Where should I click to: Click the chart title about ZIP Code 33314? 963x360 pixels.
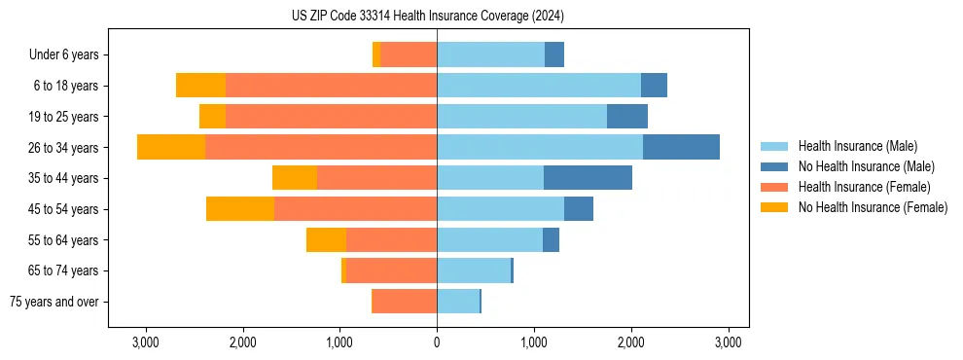(x=427, y=17)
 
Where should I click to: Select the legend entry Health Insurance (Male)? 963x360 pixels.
(x=856, y=146)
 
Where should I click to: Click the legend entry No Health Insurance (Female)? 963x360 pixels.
(x=873, y=207)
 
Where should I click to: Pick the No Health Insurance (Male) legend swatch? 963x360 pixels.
(x=775, y=166)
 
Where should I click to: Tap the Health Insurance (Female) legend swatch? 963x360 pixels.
(x=775, y=187)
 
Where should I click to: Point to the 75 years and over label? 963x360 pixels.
(x=53, y=302)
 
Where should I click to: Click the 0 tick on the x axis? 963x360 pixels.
(x=437, y=342)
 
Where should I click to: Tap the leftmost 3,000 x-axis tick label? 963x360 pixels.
(x=145, y=342)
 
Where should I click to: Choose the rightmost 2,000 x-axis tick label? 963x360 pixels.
(x=631, y=342)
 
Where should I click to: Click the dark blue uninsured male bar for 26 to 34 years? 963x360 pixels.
(x=681, y=147)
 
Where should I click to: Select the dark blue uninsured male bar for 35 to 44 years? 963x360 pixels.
(x=588, y=178)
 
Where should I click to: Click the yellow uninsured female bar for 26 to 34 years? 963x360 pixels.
(x=171, y=147)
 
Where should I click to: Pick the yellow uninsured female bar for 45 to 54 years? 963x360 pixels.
(x=240, y=209)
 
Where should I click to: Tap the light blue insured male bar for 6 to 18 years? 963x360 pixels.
(x=539, y=86)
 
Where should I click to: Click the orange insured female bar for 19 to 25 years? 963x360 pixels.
(x=331, y=117)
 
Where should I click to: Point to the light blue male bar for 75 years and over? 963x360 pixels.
(x=458, y=302)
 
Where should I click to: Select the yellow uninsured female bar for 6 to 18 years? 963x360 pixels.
(x=200, y=86)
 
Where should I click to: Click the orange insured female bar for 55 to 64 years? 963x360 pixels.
(x=391, y=240)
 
